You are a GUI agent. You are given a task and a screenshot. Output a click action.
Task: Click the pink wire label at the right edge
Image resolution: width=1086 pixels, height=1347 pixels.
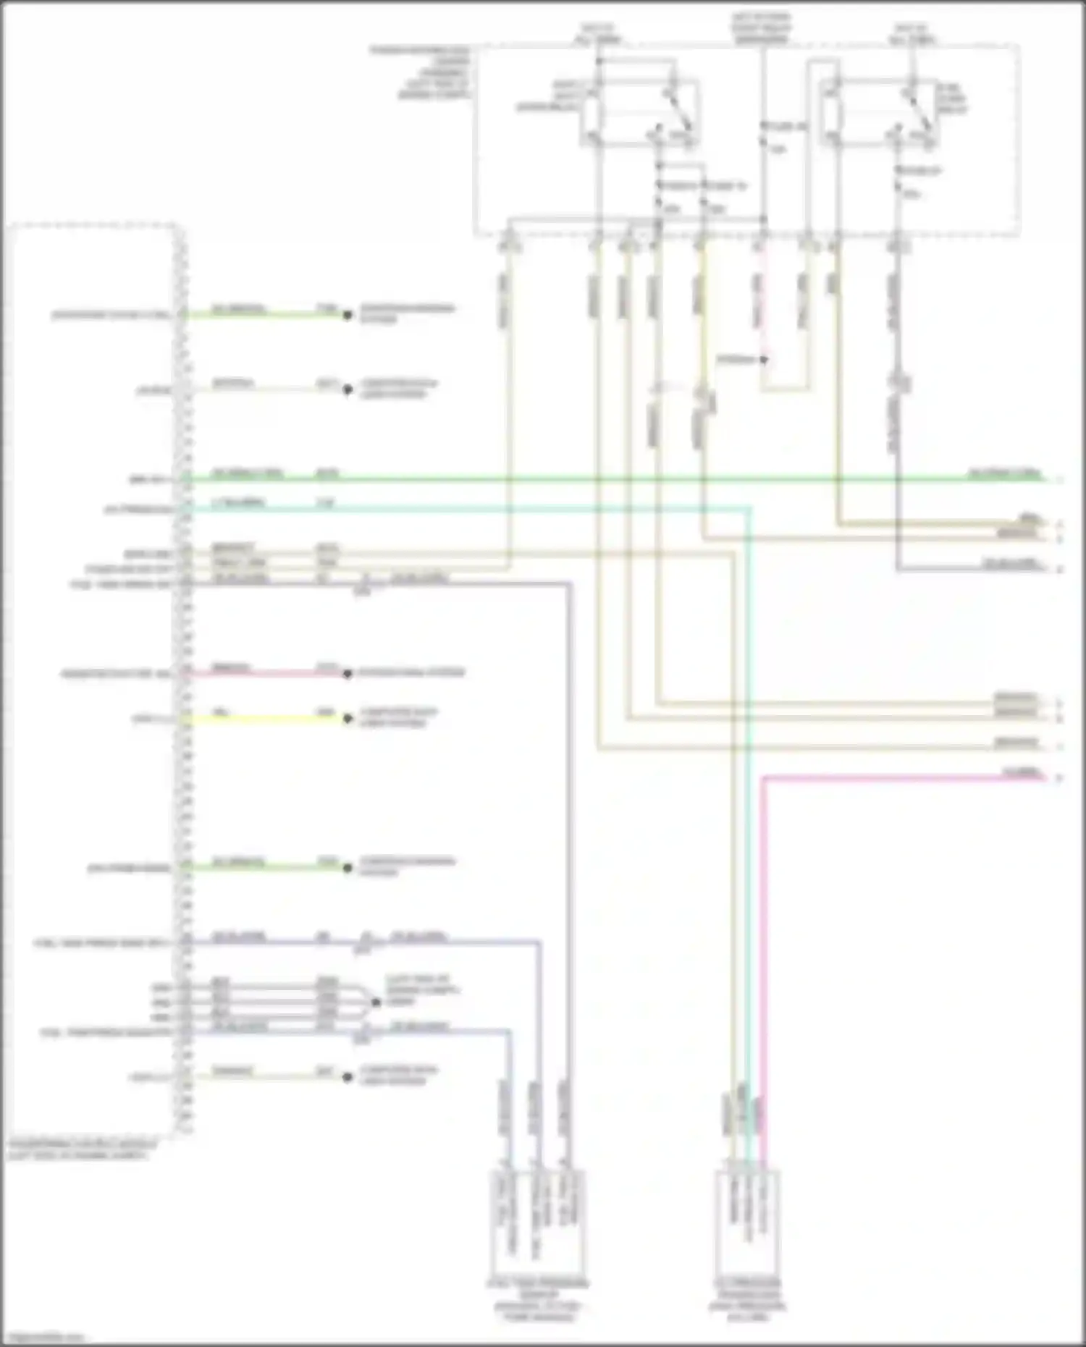coord(1023,772)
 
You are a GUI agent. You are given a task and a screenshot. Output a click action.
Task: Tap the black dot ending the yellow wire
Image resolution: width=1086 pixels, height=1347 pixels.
coord(348,719)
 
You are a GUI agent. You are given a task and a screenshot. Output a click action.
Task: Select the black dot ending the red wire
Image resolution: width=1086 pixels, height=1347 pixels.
coord(348,674)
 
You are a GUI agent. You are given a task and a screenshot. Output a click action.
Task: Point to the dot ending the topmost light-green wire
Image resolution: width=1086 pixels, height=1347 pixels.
coord(348,315)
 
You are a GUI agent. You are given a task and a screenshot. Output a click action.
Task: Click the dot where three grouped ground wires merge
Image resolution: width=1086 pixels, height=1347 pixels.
coord(375,1002)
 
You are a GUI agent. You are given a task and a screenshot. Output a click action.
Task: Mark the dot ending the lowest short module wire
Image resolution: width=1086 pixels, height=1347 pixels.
coord(348,1077)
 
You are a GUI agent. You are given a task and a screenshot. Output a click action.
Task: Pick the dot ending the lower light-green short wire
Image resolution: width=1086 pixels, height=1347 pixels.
coord(348,867)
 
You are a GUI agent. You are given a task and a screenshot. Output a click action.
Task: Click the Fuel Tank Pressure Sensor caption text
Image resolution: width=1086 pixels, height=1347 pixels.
coord(538,1300)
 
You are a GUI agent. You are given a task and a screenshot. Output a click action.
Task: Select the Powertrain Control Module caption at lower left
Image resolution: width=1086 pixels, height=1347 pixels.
coord(81,1150)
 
